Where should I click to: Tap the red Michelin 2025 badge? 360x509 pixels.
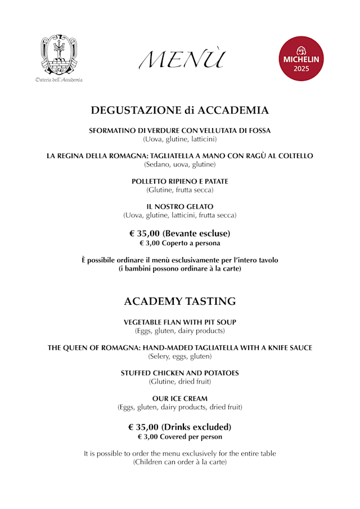click(x=301, y=58)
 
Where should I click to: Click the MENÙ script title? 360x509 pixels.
click(x=182, y=59)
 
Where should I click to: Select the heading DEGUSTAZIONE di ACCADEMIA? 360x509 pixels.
click(x=180, y=110)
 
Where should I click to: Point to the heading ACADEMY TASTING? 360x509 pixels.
click(x=180, y=301)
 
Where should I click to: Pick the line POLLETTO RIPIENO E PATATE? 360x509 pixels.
click(x=180, y=181)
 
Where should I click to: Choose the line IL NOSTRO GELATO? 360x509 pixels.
click(x=180, y=206)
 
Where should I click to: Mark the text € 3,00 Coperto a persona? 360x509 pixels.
click(x=180, y=244)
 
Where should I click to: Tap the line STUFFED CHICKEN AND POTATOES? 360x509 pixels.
click(x=180, y=373)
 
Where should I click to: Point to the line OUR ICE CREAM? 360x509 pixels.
click(x=180, y=398)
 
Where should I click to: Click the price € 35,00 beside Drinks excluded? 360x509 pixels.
click(x=143, y=427)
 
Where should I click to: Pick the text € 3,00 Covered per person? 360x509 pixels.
click(x=180, y=437)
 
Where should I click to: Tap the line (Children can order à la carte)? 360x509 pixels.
click(x=180, y=462)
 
